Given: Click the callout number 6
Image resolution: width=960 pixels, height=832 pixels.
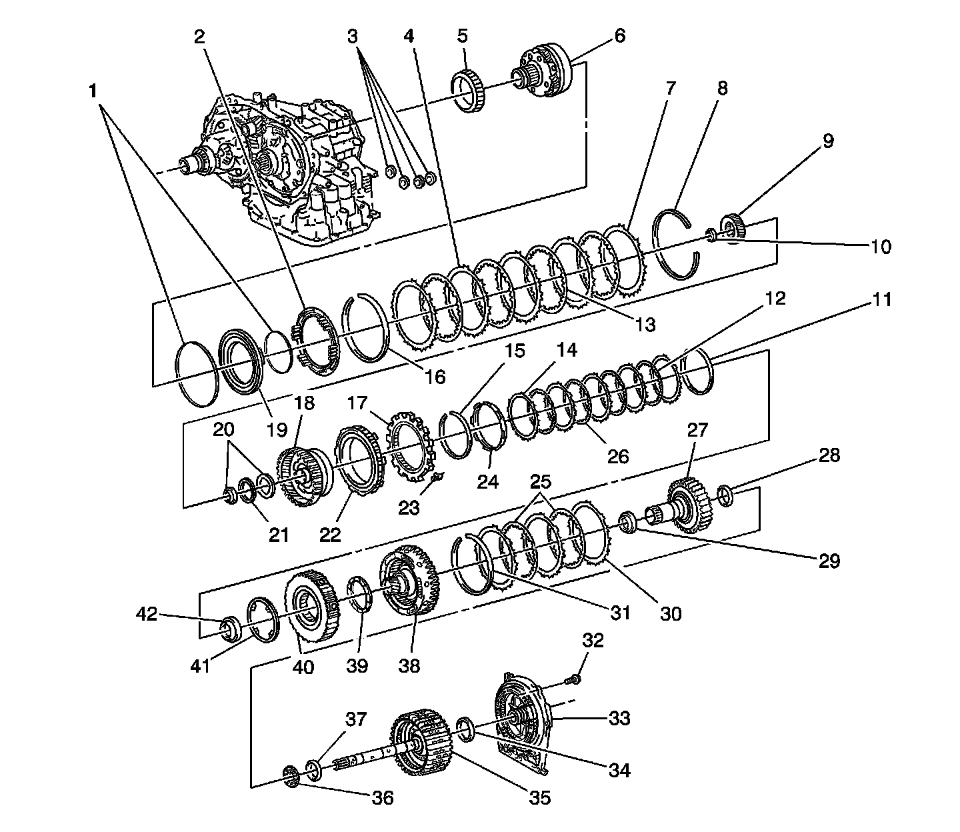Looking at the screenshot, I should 619,35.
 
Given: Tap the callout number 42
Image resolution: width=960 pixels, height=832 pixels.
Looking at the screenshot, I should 147,613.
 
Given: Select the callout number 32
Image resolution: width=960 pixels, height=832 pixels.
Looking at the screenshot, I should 593,641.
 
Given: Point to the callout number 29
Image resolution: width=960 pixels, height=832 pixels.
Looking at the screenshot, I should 830,560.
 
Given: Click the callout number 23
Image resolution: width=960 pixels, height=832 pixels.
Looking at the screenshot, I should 409,508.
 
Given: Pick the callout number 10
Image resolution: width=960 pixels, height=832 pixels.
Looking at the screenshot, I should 881,247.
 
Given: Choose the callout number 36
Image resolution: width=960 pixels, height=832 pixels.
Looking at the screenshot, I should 383,797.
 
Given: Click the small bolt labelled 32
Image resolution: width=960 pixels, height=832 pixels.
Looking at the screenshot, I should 573,680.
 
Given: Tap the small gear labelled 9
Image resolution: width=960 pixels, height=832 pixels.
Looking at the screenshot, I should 733,229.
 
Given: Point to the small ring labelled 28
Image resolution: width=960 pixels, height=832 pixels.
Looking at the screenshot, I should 726,495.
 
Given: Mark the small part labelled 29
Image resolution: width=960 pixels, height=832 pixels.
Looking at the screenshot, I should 627,521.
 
